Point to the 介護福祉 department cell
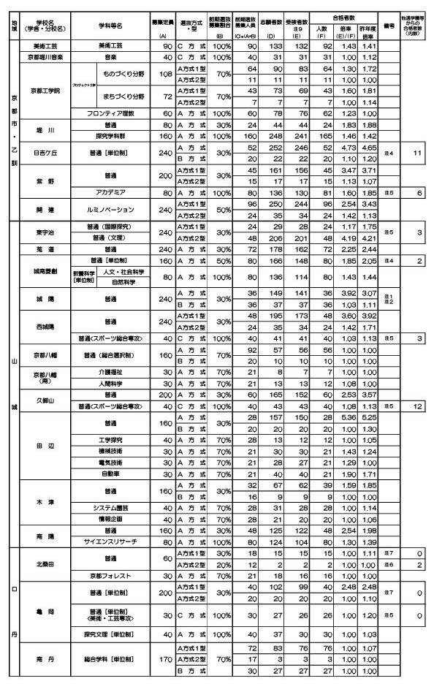109,373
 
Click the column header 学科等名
109,25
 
